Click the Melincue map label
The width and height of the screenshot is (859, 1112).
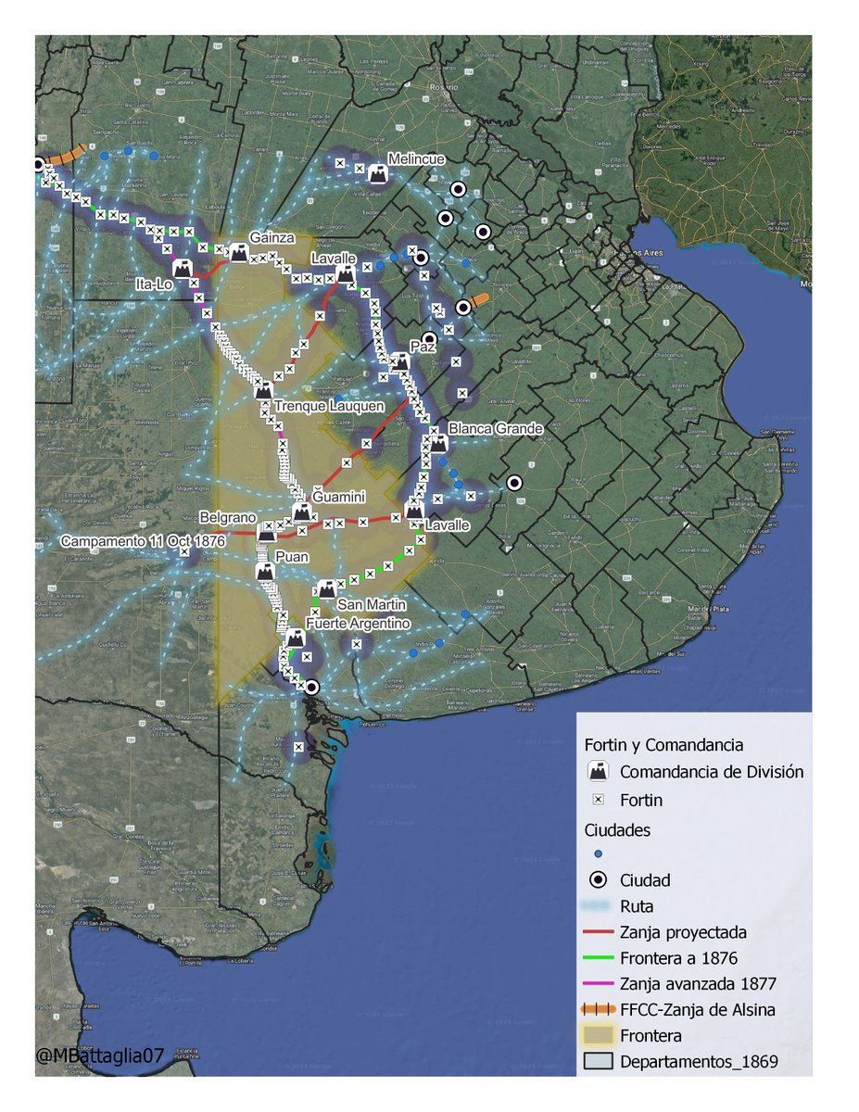pos(416,158)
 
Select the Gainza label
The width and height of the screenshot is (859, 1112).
pos(272,237)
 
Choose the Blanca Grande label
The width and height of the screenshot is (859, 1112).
pos(495,429)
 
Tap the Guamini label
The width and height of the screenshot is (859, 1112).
pos(338,498)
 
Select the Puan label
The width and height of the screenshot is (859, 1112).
pos(293,557)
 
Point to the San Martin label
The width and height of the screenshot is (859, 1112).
pos(371,605)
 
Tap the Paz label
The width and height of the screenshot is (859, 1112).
pos(423,346)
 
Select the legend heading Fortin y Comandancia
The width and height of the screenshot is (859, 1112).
pos(663,744)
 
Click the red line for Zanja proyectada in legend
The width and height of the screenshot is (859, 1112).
pos(598,932)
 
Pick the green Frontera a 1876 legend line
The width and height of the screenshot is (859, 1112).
pos(598,958)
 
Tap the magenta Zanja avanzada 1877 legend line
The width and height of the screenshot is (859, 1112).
pos(598,984)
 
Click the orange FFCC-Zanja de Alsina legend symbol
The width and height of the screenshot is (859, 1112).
pos(598,1010)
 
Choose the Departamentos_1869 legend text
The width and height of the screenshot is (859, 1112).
pos(699,1062)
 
